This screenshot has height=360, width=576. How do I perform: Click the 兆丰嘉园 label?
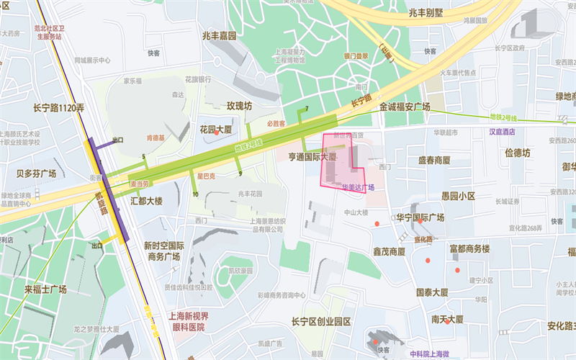pos(220,35)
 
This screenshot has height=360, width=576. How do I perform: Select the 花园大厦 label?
pos(215,130)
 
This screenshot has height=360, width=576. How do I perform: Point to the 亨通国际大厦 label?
pos(312,156)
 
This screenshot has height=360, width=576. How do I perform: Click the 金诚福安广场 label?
pos(404,107)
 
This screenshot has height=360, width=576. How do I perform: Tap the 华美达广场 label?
pos(358,187)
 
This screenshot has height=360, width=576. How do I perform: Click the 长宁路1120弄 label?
pos(58,108)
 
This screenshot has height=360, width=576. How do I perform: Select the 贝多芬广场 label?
pos(36,174)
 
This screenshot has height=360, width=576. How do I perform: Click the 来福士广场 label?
pos(45,289)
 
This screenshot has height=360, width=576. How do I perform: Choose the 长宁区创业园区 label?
pos(320,321)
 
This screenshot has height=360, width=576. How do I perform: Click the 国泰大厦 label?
pos(432,292)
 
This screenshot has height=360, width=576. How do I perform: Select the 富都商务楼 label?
pos(469,248)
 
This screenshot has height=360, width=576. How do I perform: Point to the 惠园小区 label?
pos(458,195)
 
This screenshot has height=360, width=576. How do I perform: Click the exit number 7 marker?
pos(307,109)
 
